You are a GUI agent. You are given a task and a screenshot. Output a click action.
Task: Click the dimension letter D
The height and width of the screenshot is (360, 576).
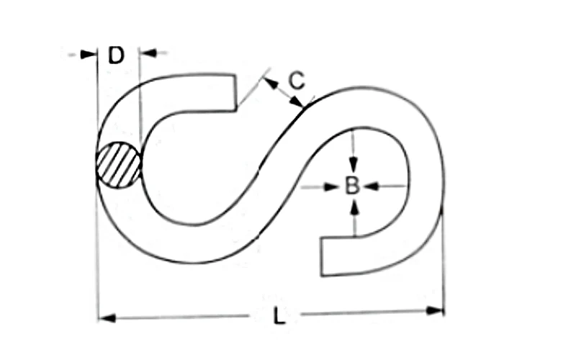pyautogui.click(x=116, y=55)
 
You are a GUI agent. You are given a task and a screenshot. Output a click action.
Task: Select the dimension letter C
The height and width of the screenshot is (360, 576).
pyautogui.click(x=295, y=80)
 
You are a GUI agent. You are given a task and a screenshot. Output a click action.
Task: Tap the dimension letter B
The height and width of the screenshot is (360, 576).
pyautogui.click(x=351, y=186)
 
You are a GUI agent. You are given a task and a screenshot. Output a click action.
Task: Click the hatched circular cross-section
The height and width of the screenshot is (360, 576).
pyautogui.click(x=118, y=166)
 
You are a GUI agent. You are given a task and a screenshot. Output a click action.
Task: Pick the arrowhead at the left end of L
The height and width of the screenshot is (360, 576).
pyautogui.click(x=106, y=315)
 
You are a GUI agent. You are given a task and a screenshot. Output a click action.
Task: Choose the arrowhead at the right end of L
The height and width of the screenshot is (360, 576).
pyautogui.click(x=436, y=311)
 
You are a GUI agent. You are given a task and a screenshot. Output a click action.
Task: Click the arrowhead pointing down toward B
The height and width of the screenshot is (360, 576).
pyautogui.click(x=352, y=164)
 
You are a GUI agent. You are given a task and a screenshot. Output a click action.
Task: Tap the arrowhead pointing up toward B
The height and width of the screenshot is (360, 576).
pyautogui.click(x=353, y=207)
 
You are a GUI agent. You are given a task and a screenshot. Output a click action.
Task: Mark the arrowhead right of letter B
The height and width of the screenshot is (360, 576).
pyautogui.click(x=371, y=186)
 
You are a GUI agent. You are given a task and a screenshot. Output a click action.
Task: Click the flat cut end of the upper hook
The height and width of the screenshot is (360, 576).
pyautogui.click(x=235, y=91)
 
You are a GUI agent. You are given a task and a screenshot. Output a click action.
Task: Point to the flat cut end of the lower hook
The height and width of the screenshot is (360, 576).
pyautogui.click(x=321, y=258)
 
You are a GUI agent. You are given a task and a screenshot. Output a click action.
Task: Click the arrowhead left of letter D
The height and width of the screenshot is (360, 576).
pyautogui.click(x=90, y=54)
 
